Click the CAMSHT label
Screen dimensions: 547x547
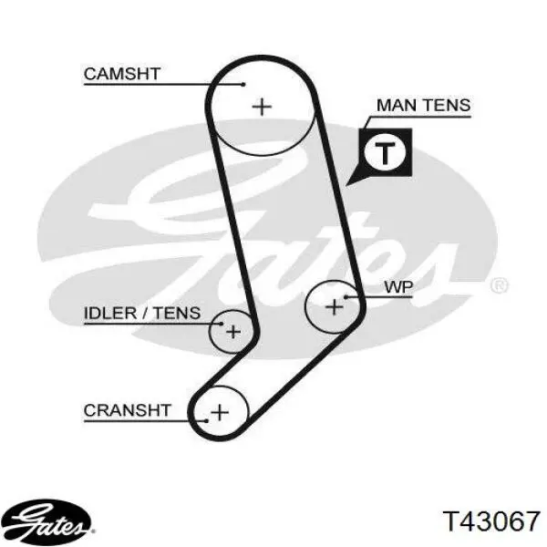122,74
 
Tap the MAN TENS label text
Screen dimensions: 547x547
424,105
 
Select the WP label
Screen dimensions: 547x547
398,287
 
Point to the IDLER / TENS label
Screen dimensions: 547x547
142,313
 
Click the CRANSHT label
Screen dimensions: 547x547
128,410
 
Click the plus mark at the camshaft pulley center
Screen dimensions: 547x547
262,107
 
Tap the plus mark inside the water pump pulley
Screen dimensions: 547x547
335,307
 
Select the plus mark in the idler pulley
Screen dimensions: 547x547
233,332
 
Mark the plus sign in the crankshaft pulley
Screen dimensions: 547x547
220,413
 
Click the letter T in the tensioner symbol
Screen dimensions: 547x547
385,153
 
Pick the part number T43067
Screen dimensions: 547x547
491,521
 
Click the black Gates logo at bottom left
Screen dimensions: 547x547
46,521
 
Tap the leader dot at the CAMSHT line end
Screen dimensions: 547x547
243,84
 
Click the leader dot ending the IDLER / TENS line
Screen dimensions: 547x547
222,324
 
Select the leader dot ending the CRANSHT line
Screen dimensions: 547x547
207,421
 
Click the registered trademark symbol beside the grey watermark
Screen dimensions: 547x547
500,286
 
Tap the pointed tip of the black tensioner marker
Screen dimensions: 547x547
346,186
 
